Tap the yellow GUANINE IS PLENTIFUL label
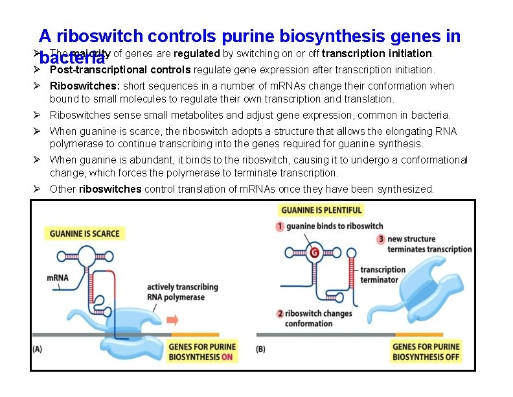coord(322,210)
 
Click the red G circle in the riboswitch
coord(314,252)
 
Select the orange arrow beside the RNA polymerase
coord(173,319)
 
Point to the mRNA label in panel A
coord(58,278)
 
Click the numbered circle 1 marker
coord(280,226)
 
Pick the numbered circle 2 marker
coord(280,313)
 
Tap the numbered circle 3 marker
coord(382,239)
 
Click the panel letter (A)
coord(38,348)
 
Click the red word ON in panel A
coord(227,357)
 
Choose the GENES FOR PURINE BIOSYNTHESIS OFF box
coord(426,352)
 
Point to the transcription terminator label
coord(383,274)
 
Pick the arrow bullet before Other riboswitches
coord(38,189)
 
